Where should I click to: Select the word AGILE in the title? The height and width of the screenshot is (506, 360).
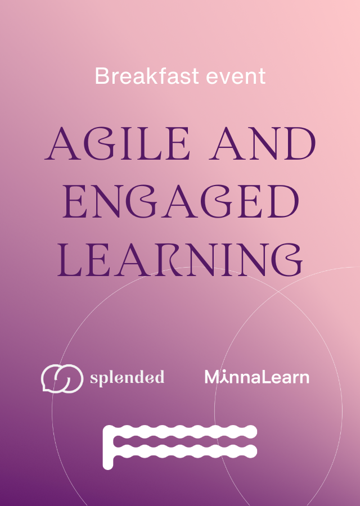[117, 143]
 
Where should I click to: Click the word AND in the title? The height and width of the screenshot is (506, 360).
[262, 143]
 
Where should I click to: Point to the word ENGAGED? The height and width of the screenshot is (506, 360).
[181, 201]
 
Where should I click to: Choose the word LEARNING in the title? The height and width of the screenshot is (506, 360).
[180, 260]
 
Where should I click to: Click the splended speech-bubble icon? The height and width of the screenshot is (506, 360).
[62, 378]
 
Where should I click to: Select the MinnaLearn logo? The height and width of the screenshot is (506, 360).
[257, 377]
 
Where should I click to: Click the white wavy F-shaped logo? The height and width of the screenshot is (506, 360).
[179, 447]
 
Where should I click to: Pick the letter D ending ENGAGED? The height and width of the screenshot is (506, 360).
[283, 201]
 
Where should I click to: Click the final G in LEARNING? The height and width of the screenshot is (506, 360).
[287, 260]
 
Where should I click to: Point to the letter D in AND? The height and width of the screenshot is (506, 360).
[300, 143]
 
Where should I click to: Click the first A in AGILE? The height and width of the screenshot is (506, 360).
[62, 143]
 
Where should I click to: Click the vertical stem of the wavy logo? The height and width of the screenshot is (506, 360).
[108, 448]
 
